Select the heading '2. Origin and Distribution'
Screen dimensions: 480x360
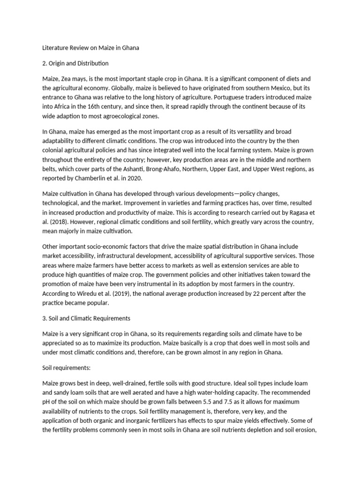75,63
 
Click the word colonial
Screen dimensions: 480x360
54,150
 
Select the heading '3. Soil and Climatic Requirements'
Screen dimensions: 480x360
86,318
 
